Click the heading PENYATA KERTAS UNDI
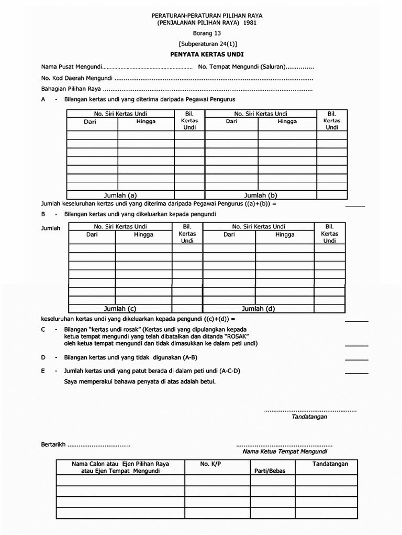pos(201,54)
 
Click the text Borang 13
pos(201,33)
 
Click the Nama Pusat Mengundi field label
pos(71,67)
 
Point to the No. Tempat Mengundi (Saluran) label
pos(241,67)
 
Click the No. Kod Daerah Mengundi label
pos(76,78)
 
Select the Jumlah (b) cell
pos(261,195)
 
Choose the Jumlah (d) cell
pos(258,308)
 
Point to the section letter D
pos(43,357)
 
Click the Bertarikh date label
pos(52,445)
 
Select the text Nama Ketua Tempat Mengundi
pos(284,451)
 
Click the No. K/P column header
pos(211,464)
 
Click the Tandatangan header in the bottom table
pos(331,464)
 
